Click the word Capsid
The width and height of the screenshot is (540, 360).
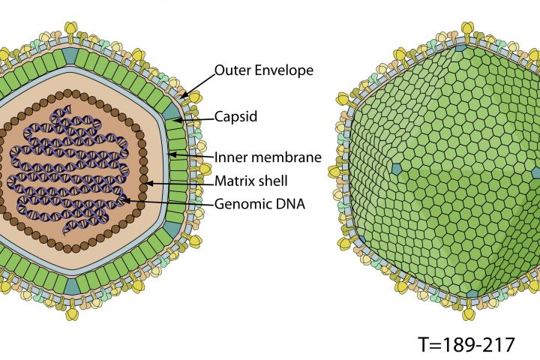(236, 116)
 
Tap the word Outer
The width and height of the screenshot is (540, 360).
(231, 70)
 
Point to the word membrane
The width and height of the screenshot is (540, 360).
(289, 157)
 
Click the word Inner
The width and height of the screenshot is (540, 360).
(230, 157)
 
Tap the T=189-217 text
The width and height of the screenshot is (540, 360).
(466, 344)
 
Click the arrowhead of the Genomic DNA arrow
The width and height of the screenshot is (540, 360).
(124, 200)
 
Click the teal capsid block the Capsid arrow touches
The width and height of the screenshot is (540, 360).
(172, 112)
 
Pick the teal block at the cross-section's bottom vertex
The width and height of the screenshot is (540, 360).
(72, 286)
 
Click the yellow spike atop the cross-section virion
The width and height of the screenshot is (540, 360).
(71, 28)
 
